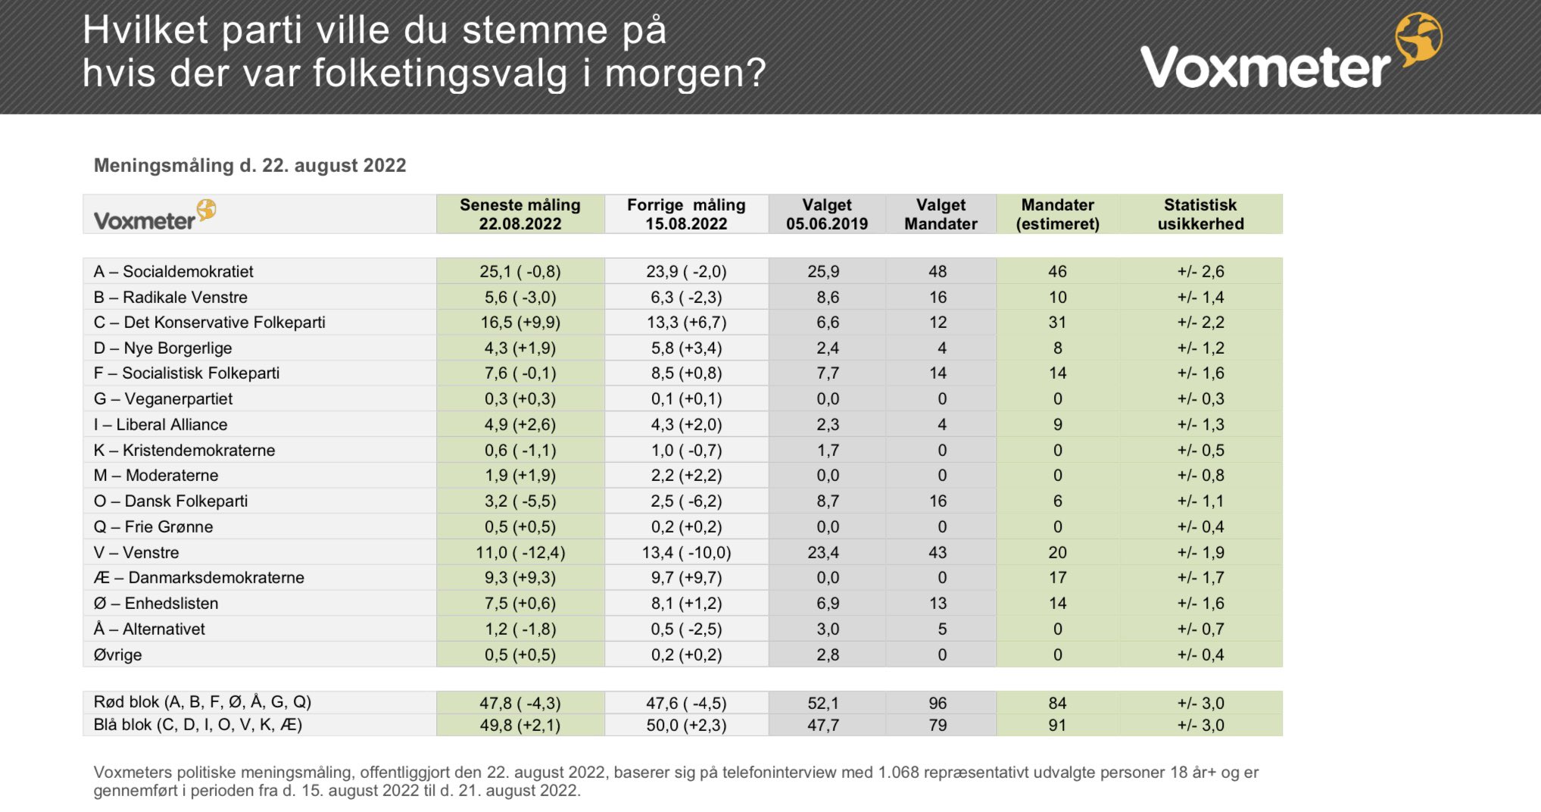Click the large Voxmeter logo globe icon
click(x=1418, y=39)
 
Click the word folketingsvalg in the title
click(x=440, y=73)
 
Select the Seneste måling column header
click(x=520, y=214)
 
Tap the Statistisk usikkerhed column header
click(x=1200, y=214)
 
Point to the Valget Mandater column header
click(x=941, y=214)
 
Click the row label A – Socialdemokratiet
click(x=173, y=271)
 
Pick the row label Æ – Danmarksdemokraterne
click(x=199, y=577)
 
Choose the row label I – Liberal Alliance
click(x=161, y=424)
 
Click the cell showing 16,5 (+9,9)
click(x=520, y=322)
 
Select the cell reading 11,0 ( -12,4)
click(x=520, y=552)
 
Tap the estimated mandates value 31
click(x=1057, y=322)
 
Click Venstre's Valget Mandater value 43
click(x=937, y=552)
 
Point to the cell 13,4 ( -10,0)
click(x=686, y=552)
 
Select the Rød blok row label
click(x=202, y=701)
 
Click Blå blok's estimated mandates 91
click(x=1057, y=725)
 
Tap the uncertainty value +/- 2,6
click(x=1200, y=271)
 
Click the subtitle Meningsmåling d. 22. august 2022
click(x=250, y=165)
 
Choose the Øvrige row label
click(x=117, y=654)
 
